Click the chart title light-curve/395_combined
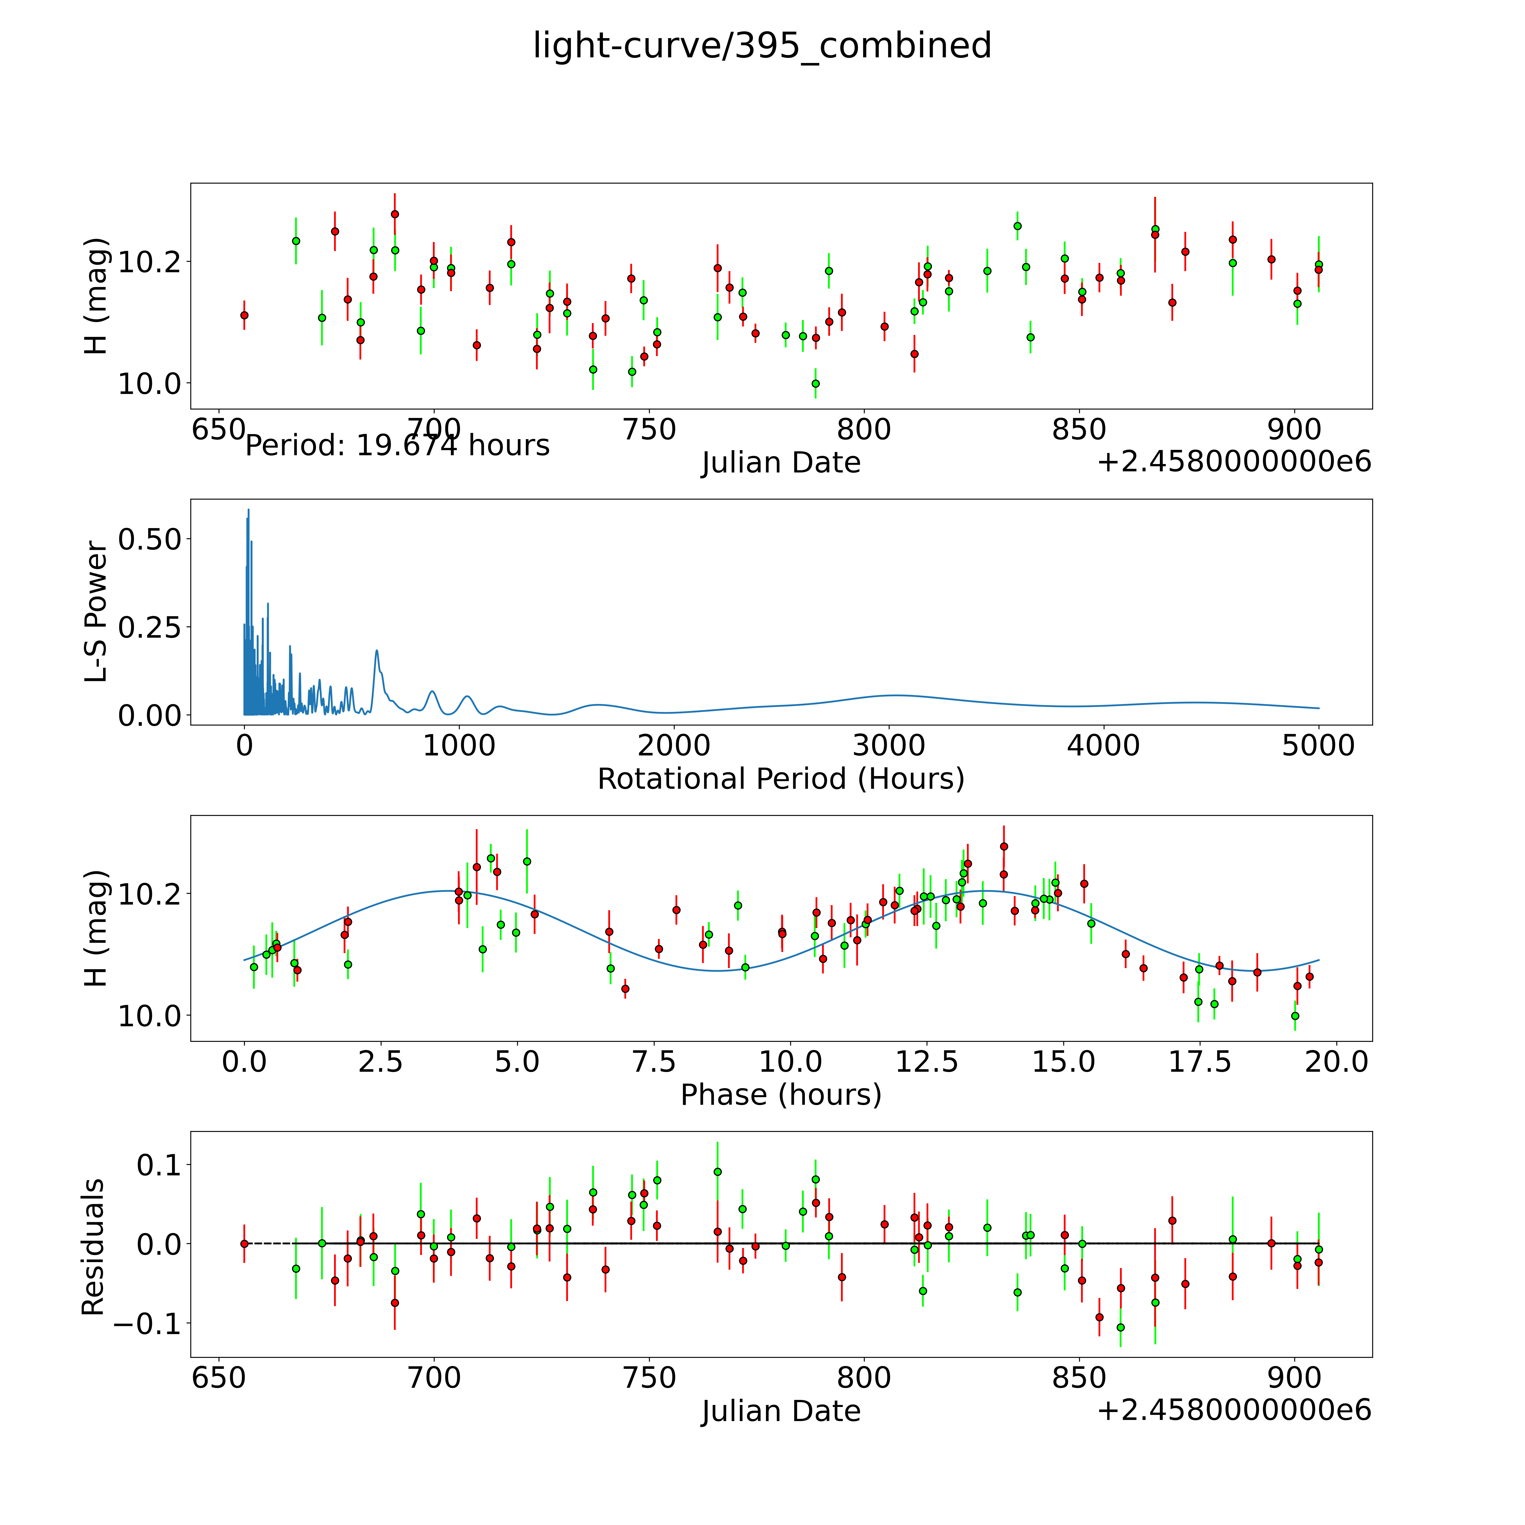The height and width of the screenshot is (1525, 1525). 762,46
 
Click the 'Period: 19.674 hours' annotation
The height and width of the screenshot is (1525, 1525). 397,446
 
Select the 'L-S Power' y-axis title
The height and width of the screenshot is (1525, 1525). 95,612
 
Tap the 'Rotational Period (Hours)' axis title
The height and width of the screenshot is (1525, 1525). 781,779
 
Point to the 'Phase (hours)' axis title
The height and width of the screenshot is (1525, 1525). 781,1095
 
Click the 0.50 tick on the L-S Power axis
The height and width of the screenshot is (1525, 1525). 149,540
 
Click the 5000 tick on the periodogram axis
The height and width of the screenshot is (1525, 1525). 1318,746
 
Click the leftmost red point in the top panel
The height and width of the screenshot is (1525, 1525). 245,315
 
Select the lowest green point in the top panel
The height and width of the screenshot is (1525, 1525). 815,384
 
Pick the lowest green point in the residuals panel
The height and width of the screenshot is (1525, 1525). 1120,1328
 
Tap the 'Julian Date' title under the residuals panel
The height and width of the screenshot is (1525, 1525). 781,1411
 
